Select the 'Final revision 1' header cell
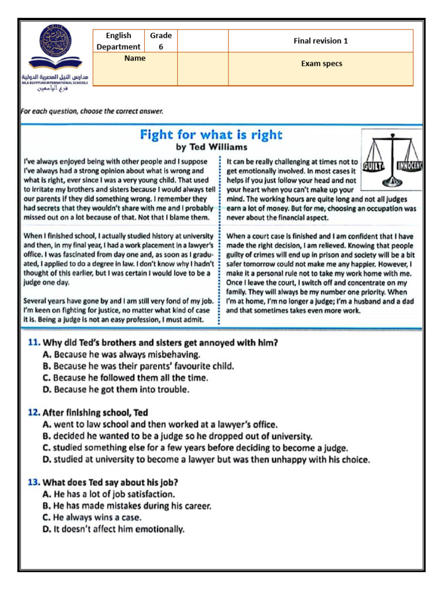point(321,41)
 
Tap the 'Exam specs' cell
point(321,64)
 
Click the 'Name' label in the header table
point(134,58)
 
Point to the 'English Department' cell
point(118,41)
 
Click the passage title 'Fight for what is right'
point(211,135)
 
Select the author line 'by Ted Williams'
point(212,147)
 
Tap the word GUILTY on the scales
point(375,167)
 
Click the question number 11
point(33,343)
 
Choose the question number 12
point(33,413)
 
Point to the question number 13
point(33,482)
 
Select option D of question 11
point(121,390)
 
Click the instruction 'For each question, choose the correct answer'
point(92,111)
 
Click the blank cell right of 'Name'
point(202,69)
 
